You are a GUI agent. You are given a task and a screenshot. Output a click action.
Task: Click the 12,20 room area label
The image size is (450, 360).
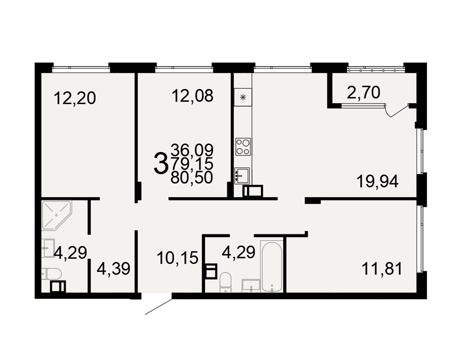point(75,98)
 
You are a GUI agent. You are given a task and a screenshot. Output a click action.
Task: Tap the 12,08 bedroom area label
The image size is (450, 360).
point(193,95)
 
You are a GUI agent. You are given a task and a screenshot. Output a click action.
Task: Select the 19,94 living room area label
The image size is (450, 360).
point(378,181)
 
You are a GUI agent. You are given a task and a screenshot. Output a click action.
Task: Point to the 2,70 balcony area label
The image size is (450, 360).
point(363,92)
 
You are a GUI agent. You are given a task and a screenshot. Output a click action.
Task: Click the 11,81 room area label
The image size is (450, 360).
point(382,269)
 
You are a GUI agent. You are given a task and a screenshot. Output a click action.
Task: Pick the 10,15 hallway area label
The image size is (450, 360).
point(178,257)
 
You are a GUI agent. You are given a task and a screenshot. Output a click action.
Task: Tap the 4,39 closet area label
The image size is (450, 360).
point(114,269)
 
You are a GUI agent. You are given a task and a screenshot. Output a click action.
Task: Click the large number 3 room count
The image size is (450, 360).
point(161,164)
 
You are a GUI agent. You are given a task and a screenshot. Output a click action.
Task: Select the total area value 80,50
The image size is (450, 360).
point(192,177)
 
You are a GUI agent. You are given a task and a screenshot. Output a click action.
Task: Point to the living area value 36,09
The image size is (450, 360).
point(192,149)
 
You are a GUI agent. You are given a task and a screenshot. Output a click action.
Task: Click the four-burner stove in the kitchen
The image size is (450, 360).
point(243,147)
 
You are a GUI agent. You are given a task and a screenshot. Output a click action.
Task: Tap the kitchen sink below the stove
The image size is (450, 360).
point(242,175)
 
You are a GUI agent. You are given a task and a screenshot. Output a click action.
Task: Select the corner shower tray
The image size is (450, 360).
point(57,215)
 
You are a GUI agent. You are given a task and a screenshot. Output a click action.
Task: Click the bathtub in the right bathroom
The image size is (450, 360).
point(271,266)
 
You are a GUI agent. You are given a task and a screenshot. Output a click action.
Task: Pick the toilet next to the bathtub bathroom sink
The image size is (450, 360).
point(225,283)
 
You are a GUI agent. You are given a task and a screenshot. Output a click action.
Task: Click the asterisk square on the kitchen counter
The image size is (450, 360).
point(243,98)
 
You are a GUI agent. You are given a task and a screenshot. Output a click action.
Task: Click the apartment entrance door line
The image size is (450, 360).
point(158,307)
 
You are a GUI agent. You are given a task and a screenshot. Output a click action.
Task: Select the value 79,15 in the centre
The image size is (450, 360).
point(192,164)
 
